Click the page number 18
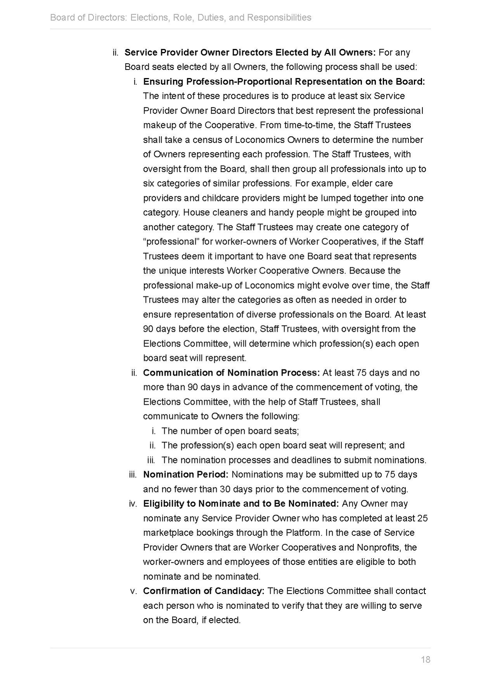(425, 659)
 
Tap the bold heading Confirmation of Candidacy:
(204, 591)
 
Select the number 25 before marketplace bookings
(422, 518)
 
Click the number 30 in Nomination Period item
(225, 489)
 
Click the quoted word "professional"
(171, 242)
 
